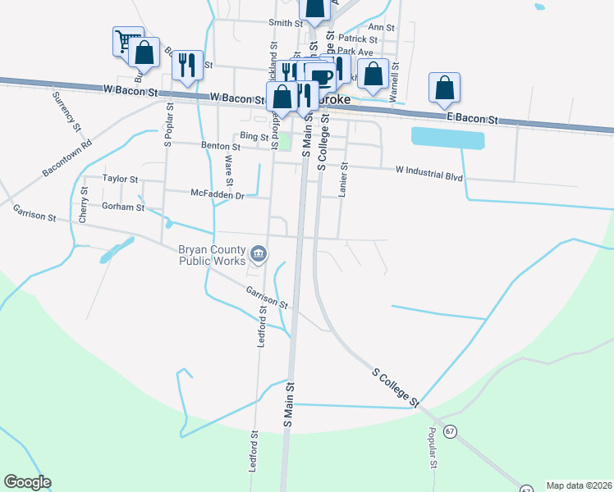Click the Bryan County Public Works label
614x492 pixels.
[x=212, y=256]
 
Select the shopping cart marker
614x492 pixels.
[x=126, y=40]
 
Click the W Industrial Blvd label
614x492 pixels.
[x=428, y=174]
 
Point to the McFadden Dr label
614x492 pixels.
[x=218, y=195]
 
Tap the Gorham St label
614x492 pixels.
[x=122, y=207]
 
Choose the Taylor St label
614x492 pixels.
[x=120, y=178]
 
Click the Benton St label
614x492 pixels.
[x=220, y=147]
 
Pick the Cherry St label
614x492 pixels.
[x=84, y=205]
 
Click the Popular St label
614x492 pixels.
[x=432, y=448]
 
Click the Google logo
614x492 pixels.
[x=27, y=482]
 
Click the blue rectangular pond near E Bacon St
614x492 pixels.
[x=447, y=138]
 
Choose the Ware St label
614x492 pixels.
[x=228, y=172]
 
